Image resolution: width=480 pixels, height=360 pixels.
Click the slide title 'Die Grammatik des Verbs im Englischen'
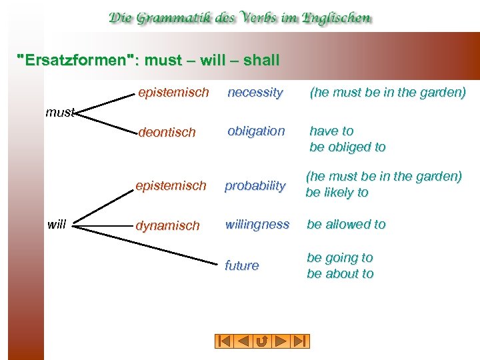pos(240,18)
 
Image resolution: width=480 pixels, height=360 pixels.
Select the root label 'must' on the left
pos(59,113)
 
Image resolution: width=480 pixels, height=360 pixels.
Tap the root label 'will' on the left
pos(57,225)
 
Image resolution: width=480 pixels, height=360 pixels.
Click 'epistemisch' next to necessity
pos(173,92)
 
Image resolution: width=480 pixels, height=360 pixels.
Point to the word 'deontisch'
pos(167,132)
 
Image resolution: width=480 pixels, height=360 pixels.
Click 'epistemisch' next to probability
pos(171,185)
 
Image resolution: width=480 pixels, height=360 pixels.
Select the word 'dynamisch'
pos(167,226)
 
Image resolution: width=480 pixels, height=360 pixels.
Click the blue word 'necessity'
pos(255,93)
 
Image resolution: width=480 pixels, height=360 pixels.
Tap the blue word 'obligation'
pos(256,131)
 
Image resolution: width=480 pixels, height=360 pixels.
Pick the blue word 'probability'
pos(255,186)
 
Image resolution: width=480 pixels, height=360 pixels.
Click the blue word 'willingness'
pos(257,225)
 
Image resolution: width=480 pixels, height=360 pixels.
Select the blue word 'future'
pos(242,265)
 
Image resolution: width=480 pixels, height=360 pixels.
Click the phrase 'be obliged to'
pos(347,147)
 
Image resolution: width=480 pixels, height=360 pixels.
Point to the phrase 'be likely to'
pos(337,193)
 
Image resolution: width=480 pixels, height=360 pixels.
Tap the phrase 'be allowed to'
pos(346,225)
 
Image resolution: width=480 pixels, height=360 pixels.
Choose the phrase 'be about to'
pos(340,274)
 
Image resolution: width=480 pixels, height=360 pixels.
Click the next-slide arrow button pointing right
pos(281,341)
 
